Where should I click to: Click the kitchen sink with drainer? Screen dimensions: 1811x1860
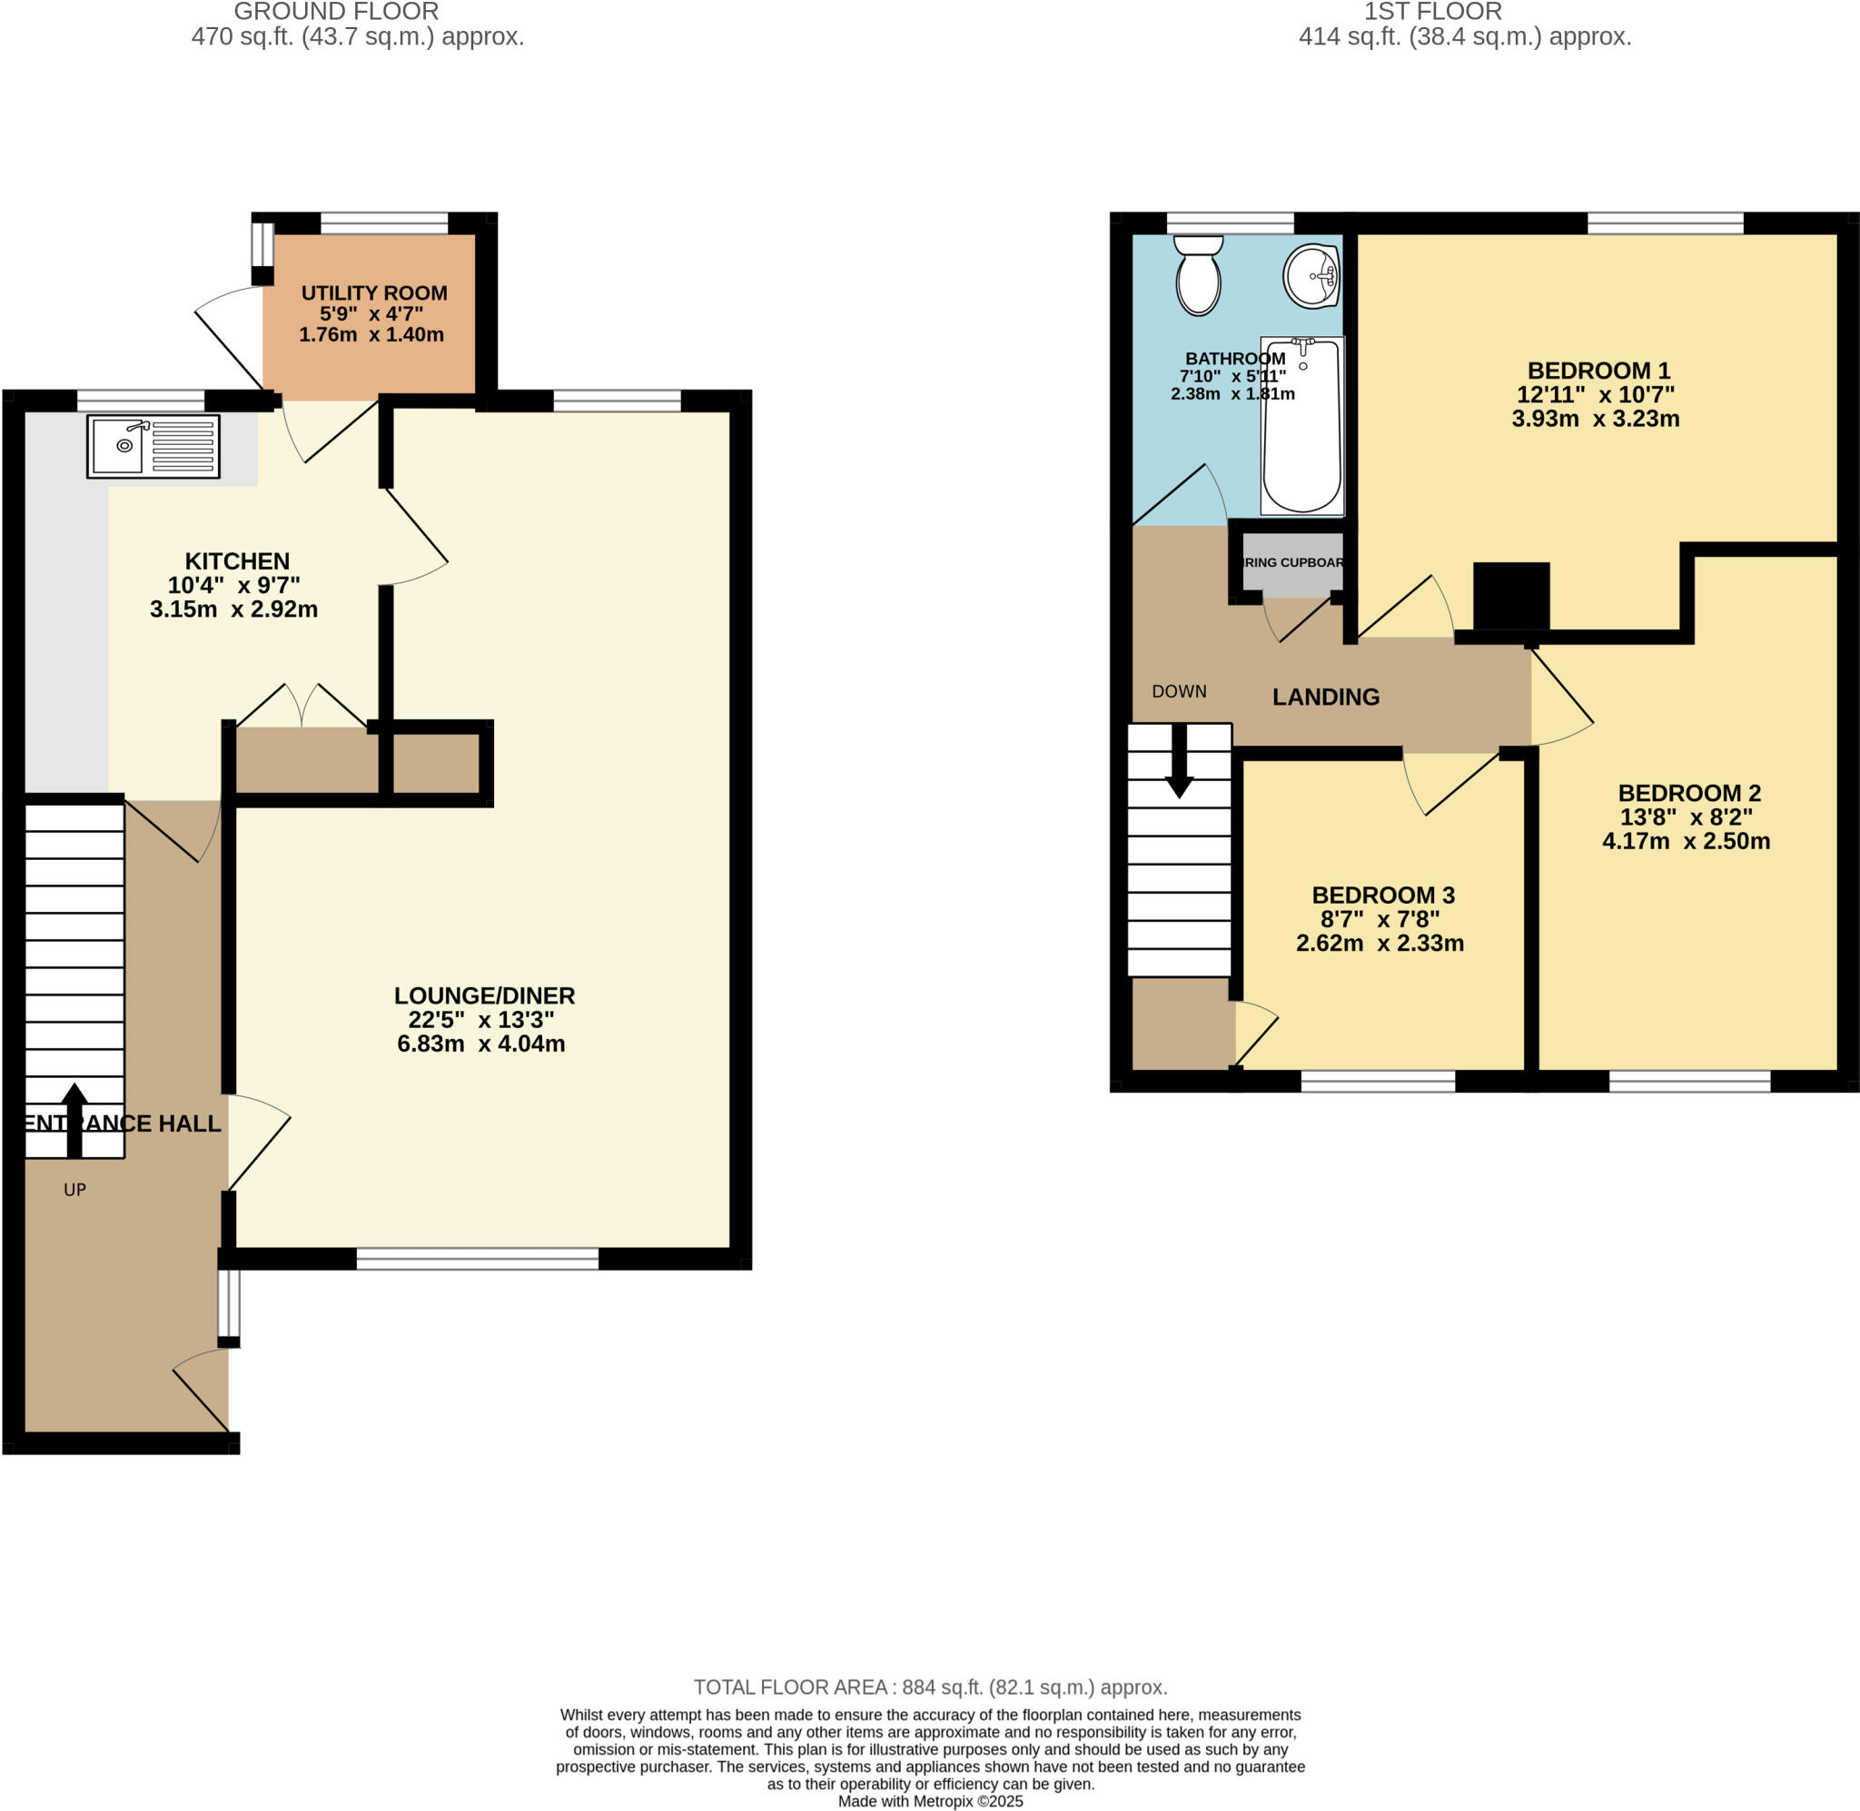pos(153,445)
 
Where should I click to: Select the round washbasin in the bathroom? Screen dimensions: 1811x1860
pos(1311,277)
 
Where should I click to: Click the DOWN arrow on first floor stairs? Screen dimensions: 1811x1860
pos(1179,762)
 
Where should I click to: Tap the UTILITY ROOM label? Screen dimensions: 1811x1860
pos(373,293)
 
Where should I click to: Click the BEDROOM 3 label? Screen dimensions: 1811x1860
pos(1382,895)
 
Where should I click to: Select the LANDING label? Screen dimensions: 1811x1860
pos(1326,698)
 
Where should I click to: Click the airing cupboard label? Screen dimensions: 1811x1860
pos(1292,562)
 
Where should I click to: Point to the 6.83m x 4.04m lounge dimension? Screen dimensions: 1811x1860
pos(480,1044)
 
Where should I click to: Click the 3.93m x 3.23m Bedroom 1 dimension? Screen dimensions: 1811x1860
pos(1595,419)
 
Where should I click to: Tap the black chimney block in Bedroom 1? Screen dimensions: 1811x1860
pos(1511,596)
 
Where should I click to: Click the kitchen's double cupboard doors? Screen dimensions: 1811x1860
pos(302,707)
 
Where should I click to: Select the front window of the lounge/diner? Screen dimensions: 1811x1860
pos(478,1260)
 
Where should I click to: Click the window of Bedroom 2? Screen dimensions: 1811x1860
pos(1689,1081)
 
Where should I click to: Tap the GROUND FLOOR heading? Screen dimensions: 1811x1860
pos(336,13)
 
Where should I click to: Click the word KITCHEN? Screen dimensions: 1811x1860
pos(237,561)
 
